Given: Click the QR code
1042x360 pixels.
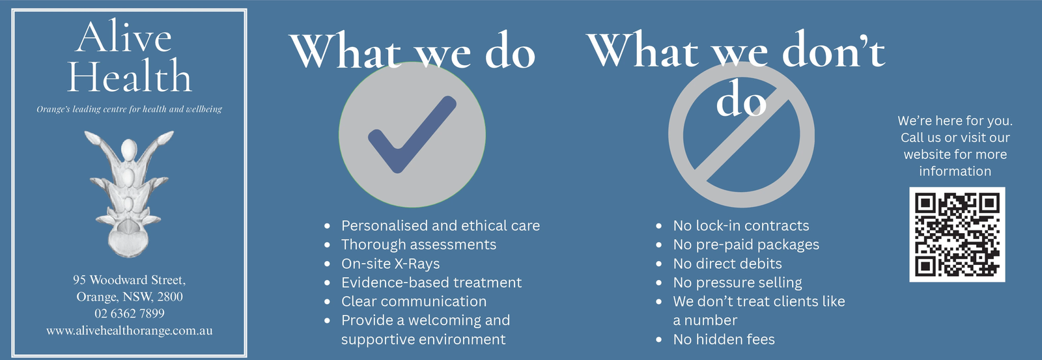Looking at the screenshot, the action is (957, 234).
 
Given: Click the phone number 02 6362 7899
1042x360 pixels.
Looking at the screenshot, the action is (130, 314).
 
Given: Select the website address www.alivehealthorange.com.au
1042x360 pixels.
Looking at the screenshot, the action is (130, 331).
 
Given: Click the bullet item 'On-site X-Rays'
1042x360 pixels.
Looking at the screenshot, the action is (390, 264).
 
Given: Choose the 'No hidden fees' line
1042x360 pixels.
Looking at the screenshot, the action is (724, 340).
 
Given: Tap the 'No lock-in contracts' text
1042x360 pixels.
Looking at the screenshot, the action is (741, 226).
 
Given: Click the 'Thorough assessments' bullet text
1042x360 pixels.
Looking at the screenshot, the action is (419, 245).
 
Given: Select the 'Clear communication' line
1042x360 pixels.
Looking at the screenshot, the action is (414, 301).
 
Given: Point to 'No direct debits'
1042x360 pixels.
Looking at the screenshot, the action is (727, 264).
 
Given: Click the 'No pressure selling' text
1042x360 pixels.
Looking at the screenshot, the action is (737, 283).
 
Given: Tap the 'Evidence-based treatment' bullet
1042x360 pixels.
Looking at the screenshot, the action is (431, 283).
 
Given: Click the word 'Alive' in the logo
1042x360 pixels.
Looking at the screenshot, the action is (124, 36).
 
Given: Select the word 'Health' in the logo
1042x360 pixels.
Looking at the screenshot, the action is (130, 76).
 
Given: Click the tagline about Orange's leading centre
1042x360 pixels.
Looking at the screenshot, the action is (130, 109).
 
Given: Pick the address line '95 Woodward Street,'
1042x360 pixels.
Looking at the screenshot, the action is (130, 280).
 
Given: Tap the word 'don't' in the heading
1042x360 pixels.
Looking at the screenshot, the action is (834, 52).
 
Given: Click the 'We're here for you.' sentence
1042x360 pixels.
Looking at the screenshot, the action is (955, 121).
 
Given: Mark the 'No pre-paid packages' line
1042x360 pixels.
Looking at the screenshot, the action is (746, 245).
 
